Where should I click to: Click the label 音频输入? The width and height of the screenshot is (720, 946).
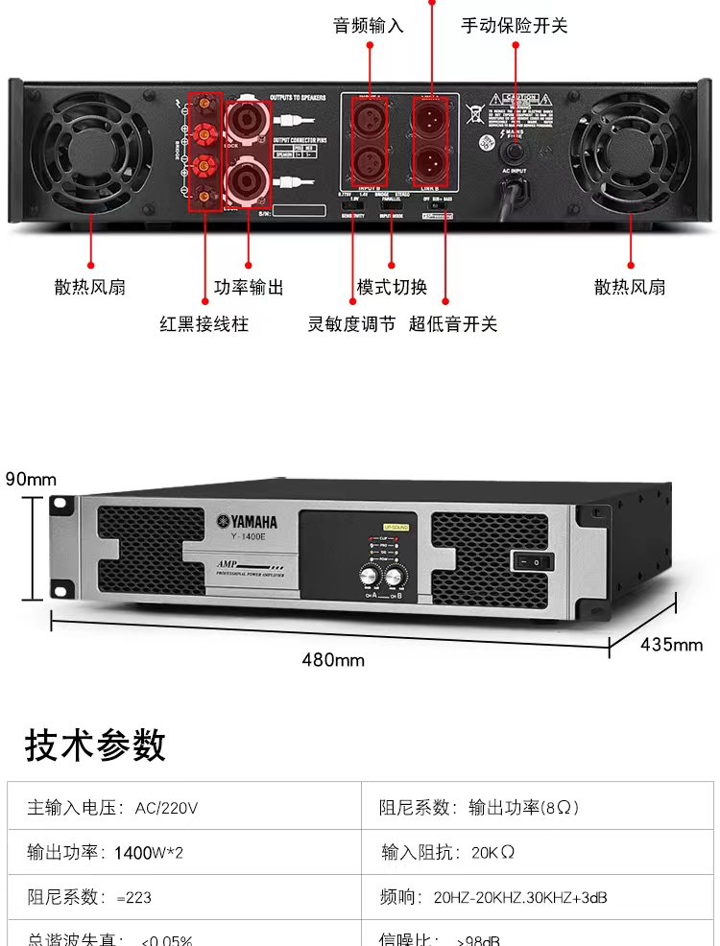click(x=368, y=26)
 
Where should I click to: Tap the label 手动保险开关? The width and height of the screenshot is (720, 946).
click(x=514, y=26)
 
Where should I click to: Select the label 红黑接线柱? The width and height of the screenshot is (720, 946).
click(x=204, y=324)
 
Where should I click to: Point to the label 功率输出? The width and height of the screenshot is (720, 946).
click(x=249, y=287)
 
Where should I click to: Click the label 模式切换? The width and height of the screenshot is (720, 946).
click(x=392, y=287)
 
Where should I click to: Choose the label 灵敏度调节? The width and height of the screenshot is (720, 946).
click(x=351, y=324)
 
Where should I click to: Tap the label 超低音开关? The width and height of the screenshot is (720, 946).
click(x=453, y=324)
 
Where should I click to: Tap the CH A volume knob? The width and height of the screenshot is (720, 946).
click(x=370, y=576)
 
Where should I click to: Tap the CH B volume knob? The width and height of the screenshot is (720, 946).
click(x=395, y=576)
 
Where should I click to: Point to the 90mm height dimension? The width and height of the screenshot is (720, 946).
click(x=31, y=479)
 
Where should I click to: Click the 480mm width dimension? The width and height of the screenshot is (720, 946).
click(x=333, y=659)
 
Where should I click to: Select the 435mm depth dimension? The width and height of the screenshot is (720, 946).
click(x=672, y=644)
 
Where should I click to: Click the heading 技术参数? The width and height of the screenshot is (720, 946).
click(x=95, y=745)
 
